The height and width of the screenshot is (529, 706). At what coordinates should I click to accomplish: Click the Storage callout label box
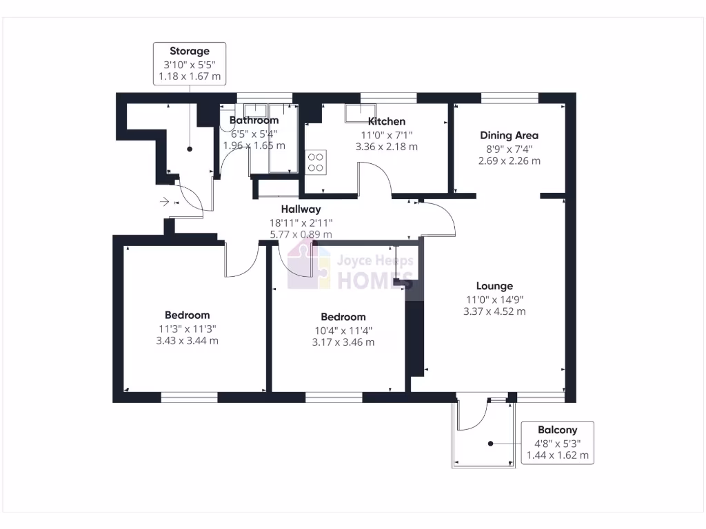tap(189, 63)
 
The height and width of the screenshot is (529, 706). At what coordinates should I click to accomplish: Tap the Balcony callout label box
tap(558, 442)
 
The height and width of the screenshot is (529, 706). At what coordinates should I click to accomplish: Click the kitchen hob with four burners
tap(316, 162)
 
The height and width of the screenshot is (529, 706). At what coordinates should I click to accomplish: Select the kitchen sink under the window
tap(361, 112)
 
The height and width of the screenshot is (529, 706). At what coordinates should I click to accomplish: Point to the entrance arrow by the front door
tap(165, 202)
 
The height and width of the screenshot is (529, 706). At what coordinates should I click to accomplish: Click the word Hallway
tap(300, 209)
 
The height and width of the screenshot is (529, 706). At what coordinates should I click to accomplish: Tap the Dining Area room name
tap(509, 136)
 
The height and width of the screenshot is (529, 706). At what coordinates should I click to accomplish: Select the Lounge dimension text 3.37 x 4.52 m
tap(494, 311)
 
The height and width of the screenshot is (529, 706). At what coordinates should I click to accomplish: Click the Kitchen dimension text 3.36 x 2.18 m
tap(386, 147)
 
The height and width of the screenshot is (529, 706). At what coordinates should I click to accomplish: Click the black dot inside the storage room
tap(190, 149)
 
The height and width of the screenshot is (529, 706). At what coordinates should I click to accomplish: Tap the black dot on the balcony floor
tap(490, 444)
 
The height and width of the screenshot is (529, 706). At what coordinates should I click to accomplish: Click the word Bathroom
tap(254, 121)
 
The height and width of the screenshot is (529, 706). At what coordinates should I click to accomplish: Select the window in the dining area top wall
tap(510, 98)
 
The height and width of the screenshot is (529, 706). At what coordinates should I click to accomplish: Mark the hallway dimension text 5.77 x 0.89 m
tap(300, 234)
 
